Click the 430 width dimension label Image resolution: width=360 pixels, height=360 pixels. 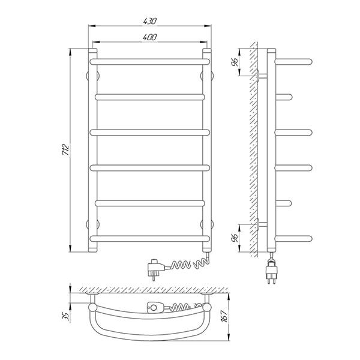click(149, 21)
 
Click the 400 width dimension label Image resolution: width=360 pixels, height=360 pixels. click(149, 37)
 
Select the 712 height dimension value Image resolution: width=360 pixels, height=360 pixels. click(66, 149)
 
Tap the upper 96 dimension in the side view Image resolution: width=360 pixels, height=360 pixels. click(235, 62)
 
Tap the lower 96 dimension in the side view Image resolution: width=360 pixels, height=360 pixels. click(235, 238)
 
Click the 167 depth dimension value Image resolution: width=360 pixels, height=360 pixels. click(225, 316)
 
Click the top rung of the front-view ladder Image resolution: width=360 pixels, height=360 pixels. click(149, 62)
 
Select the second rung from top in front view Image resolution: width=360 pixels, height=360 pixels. click(149, 97)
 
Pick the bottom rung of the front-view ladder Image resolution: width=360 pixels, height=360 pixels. click(149, 239)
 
